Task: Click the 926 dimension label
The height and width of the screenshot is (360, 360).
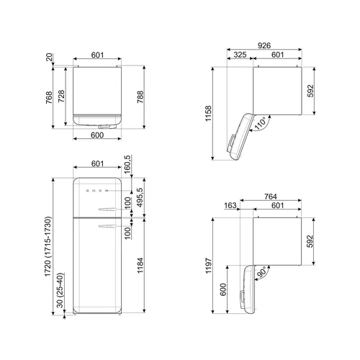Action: [x=264, y=45]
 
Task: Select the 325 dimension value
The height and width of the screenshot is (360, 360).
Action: [x=240, y=55]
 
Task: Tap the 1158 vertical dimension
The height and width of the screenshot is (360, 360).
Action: [x=208, y=113]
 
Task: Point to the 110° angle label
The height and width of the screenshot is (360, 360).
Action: [x=260, y=123]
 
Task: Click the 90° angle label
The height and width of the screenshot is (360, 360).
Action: [x=262, y=272]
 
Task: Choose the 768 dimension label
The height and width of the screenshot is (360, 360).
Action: [x=49, y=97]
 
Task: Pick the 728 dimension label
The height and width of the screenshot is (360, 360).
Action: [x=61, y=96]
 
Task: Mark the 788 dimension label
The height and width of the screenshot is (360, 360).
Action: [x=140, y=97]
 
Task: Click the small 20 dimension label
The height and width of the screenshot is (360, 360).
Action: [x=49, y=57]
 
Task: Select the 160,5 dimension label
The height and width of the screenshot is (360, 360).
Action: [x=127, y=164]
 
